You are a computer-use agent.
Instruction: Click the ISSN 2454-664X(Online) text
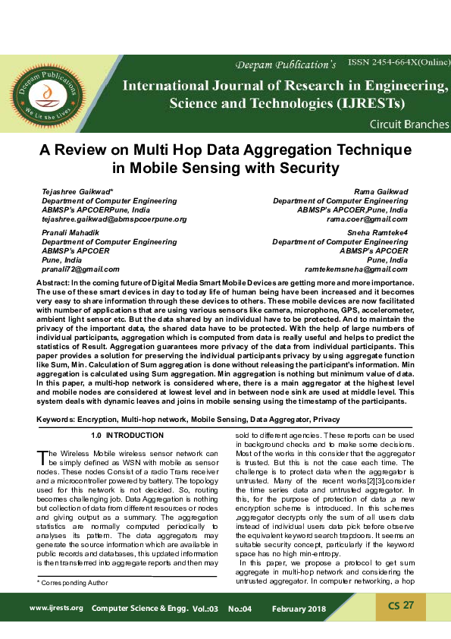pyautogui.click(x=399, y=61)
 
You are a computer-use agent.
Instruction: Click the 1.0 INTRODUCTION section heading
pyautogui.click(x=127, y=436)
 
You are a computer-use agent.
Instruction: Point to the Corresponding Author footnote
pyautogui.click(x=73, y=583)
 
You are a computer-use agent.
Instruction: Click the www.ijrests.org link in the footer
pyautogui.click(x=56, y=609)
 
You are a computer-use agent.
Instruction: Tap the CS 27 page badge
pyautogui.click(x=400, y=605)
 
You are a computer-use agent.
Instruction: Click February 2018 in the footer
pyautogui.click(x=299, y=609)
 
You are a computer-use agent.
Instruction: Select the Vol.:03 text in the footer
pyautogui.click(x=205, y=609)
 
